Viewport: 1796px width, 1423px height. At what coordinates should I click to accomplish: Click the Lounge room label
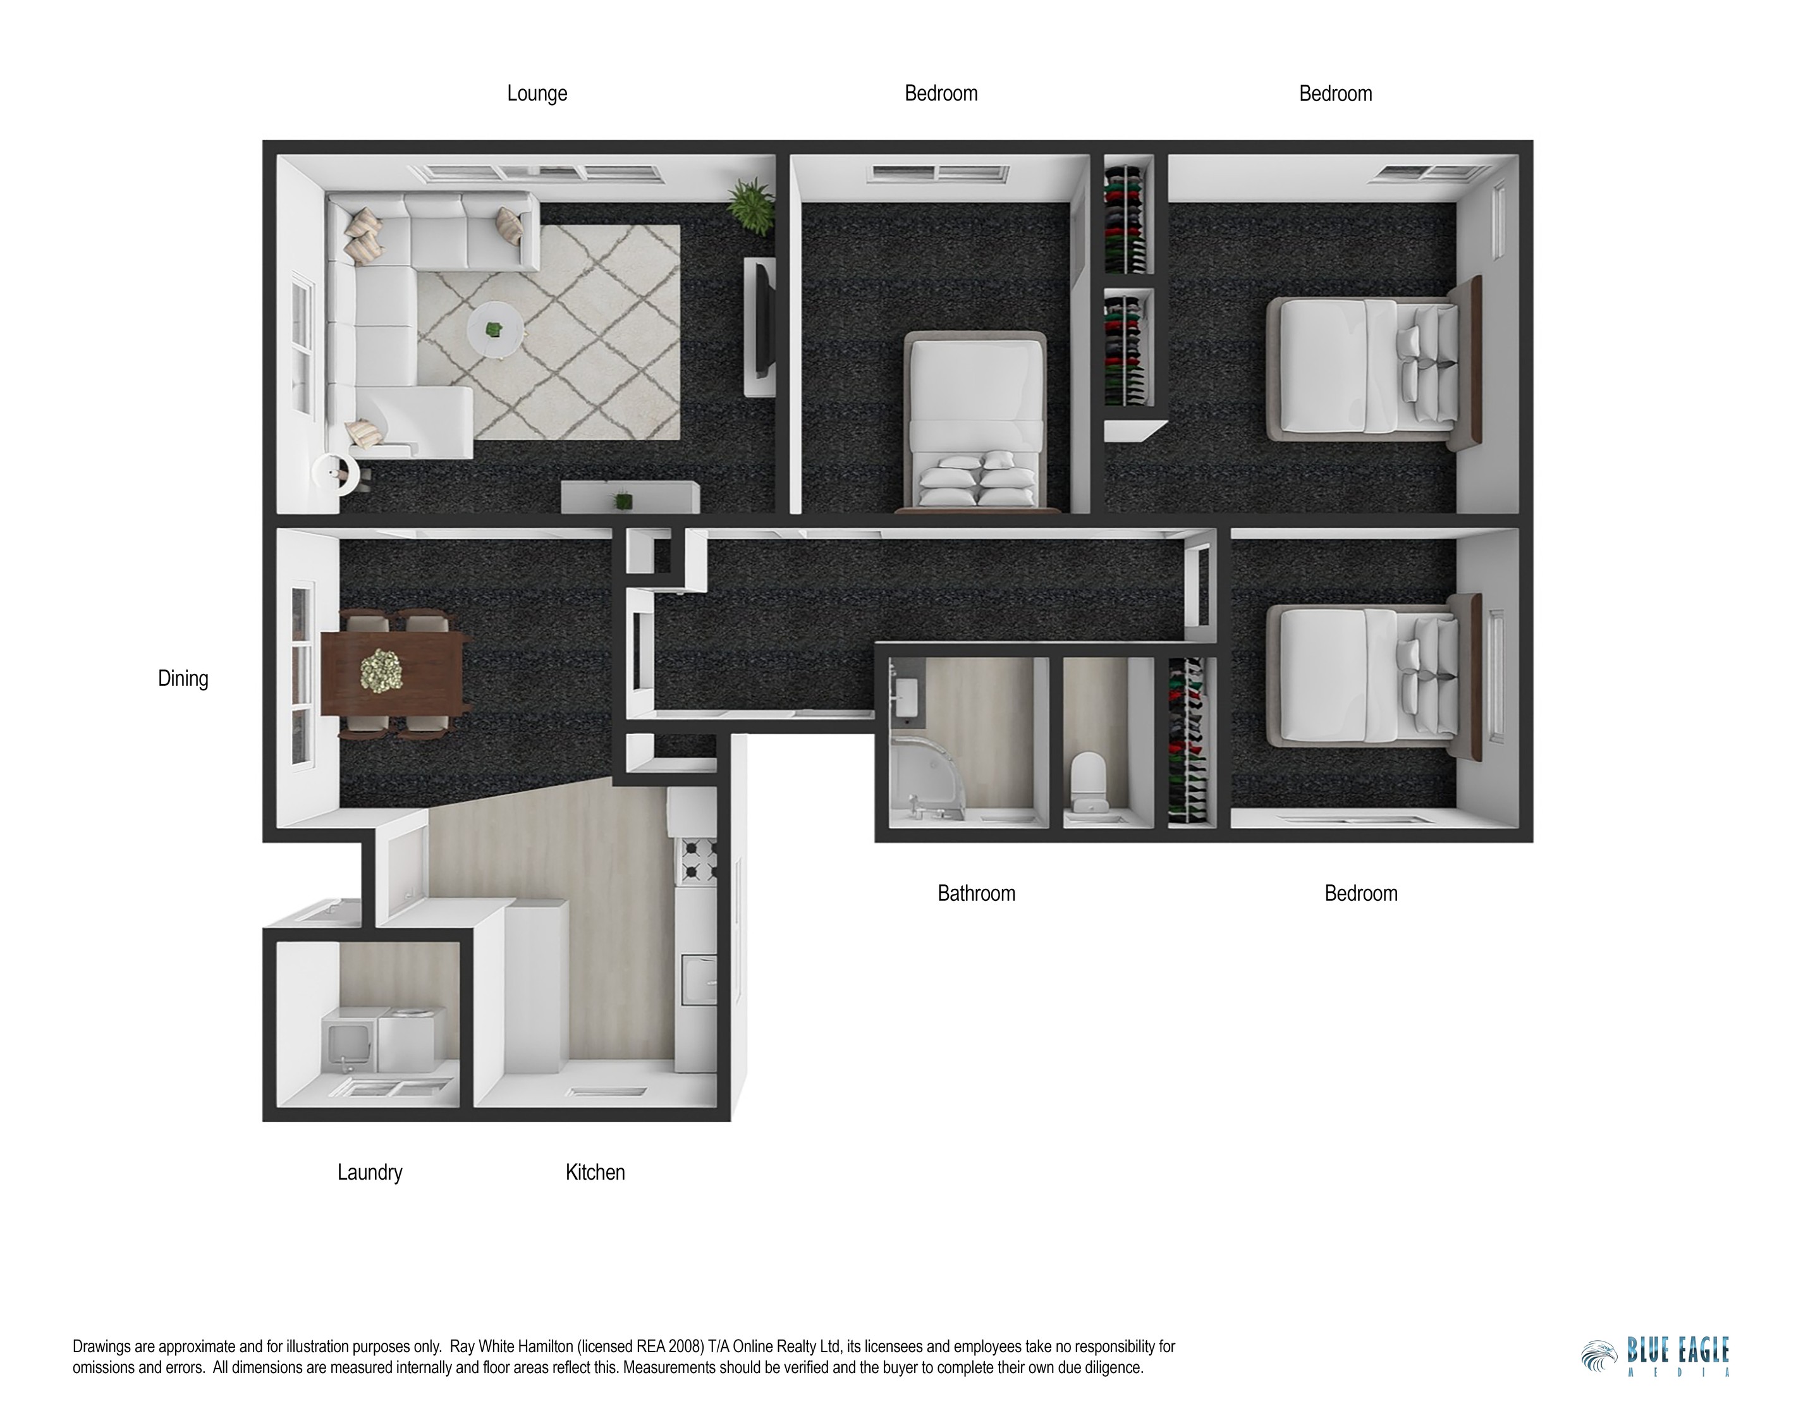(x=537, y=94)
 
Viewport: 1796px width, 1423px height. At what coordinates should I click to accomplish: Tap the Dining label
(x=183, y=679)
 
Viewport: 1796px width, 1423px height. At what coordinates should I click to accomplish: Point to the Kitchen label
(x=595, y=1172)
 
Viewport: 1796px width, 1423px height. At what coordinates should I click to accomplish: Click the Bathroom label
(x=976, y=894)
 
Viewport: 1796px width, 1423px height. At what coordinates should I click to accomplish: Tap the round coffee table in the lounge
(x=496, y=329)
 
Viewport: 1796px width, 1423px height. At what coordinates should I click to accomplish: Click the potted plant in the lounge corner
(x=752, y=206)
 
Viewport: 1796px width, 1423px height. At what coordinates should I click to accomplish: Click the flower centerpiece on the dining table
(x=381, y=670)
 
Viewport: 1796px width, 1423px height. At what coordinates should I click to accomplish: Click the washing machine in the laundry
(x=411, y=1041)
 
